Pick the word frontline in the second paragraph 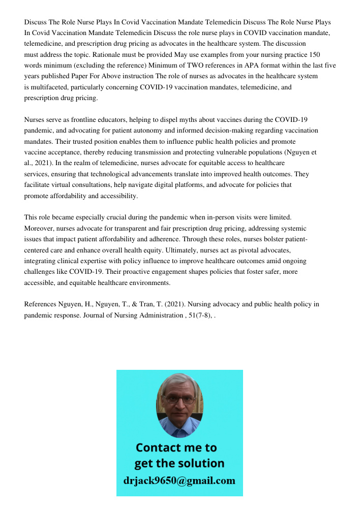pos(81,120)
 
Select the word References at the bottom pos(41,305)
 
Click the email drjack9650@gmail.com pos(179,481)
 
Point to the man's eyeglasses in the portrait pos(179,400)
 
